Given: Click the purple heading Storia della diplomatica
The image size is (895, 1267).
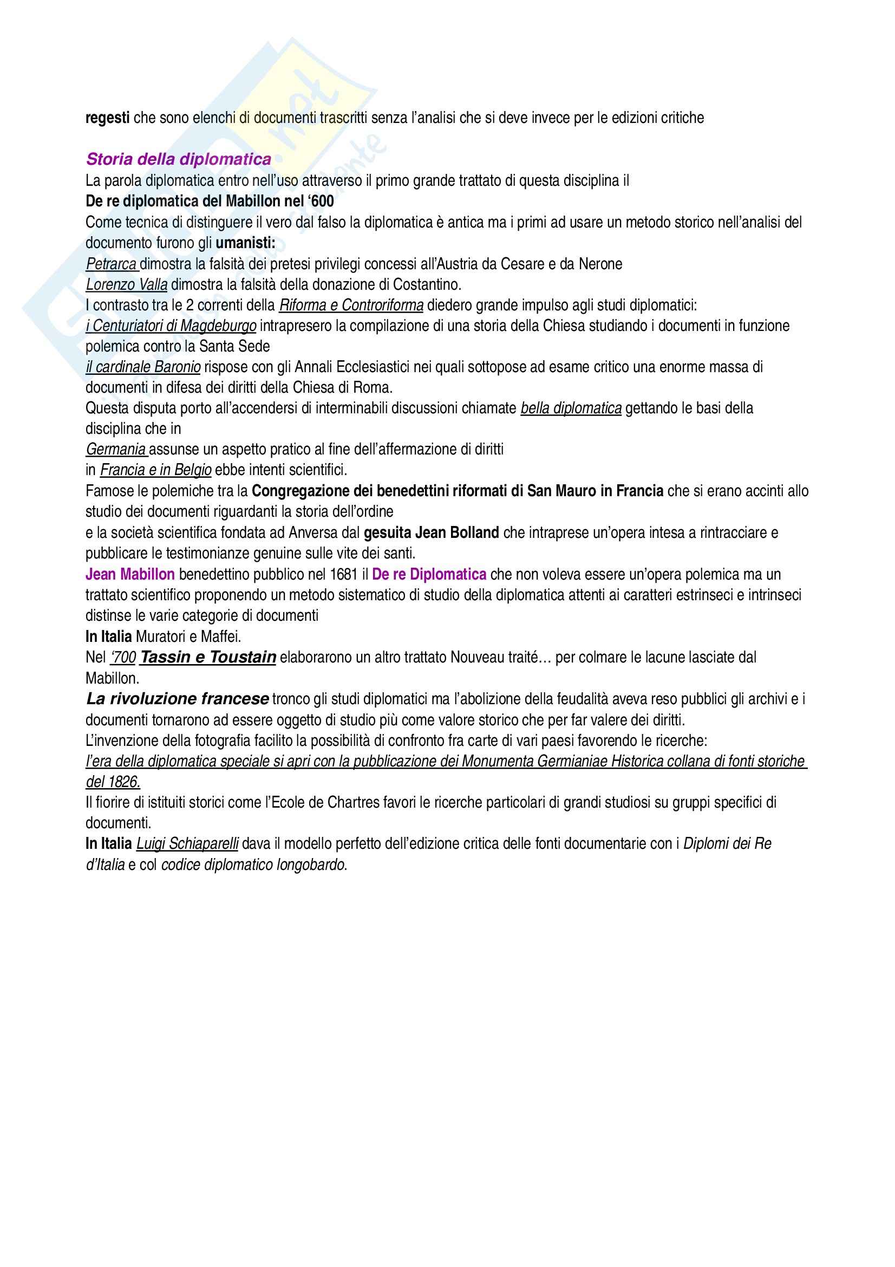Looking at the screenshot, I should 179,159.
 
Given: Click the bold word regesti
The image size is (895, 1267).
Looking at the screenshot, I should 108,118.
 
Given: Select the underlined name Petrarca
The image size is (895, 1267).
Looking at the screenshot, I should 112,264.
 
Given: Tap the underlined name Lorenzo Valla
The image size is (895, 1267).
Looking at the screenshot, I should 126,285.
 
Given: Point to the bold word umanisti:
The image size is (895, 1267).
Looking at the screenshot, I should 245,243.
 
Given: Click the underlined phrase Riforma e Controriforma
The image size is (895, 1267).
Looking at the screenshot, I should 351,306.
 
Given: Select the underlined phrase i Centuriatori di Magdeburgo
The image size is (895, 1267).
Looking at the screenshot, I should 171,326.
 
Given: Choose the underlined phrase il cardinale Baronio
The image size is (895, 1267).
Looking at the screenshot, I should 143,367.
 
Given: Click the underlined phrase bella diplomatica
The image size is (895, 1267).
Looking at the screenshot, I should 571,409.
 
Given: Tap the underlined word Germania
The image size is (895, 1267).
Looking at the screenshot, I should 116,450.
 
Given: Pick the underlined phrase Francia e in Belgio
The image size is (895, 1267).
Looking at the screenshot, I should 155,471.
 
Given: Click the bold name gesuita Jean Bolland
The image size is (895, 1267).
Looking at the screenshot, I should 431,533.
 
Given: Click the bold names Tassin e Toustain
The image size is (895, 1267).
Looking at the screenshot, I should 208,657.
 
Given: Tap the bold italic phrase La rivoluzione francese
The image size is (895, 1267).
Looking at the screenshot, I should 178,699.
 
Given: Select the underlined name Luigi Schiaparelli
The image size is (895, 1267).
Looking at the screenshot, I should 187,844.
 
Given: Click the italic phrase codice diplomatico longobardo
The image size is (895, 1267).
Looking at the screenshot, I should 252,865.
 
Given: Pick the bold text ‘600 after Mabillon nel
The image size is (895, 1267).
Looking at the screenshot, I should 322,202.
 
